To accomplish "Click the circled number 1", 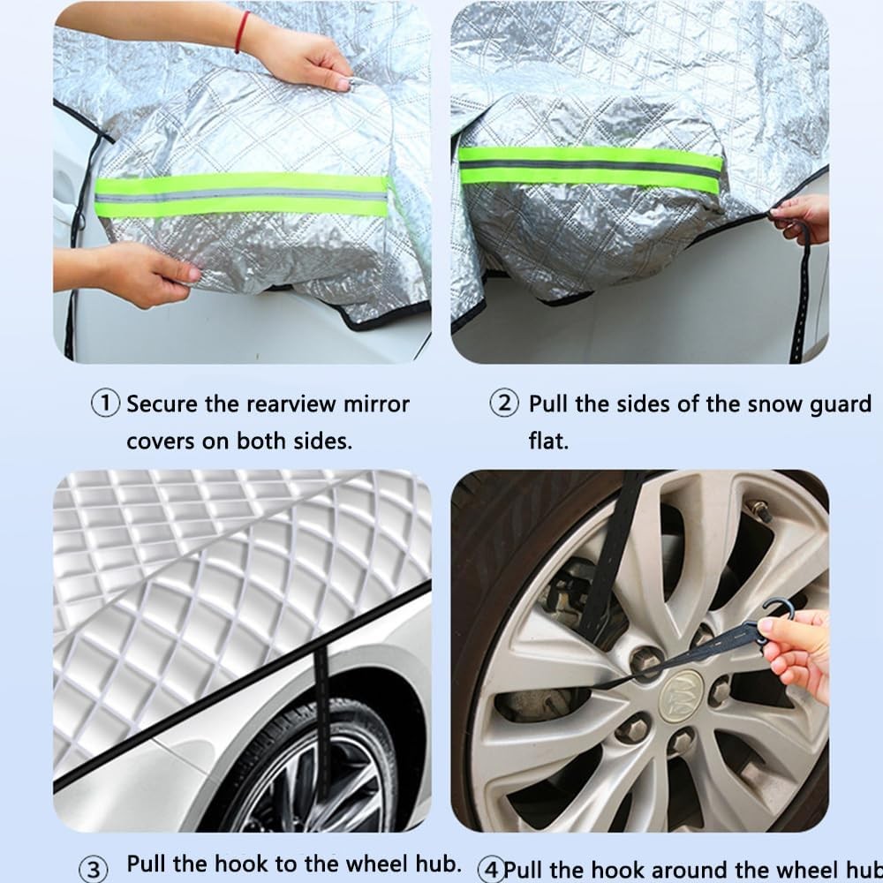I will (x=106, y=404).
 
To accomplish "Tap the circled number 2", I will (x=503, y=404).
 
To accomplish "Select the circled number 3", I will (x=97, y=866).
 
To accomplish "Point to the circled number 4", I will (x=491, y=866).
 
